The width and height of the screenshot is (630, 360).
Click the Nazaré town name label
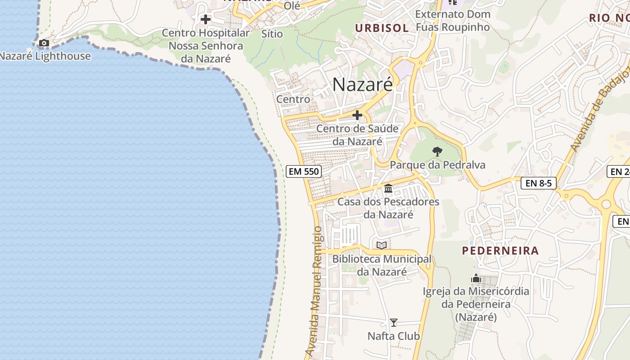pyautogui.click(x=362, y=84)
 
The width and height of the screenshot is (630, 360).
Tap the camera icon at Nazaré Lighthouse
pyautogui.click(x=44, y=43)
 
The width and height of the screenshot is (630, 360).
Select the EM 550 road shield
pyautogui.click(x=303, y=171)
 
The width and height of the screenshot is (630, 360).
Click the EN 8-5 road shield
pyautogui.click(x=539, y=183)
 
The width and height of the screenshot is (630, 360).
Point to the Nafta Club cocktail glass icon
pyautogui.click(x=394, y=323)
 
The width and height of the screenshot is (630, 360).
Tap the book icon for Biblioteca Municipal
pyautogui.click(x=382, y=245)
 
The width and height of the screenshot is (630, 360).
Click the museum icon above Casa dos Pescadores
pyautogui.click(x=388, y=188)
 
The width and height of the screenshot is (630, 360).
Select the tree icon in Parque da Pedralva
pyautogui.click(x=436, y=151)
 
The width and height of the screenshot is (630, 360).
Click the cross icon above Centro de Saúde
pyautogui.click(x=357, y=116)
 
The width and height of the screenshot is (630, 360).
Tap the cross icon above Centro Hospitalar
pyautogui.click(x=206, y=19)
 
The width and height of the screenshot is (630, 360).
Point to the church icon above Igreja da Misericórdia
pyautogui.click(x=476, y=279)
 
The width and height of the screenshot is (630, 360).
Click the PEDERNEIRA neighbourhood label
pyautogui.click(x=500, y=251)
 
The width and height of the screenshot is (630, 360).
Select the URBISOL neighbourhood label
pyautogui.click(x=382, y=28)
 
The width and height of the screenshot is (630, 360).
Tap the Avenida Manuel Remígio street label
pyautogui.click(x=314, y=290)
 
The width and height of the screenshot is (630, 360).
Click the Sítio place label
pyautogui.click(x=272, y=34)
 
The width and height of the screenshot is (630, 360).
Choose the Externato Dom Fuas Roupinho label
pyautogui.click(x=452, y=21)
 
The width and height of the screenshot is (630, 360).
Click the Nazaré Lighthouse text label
pyautogui.click(x=45, y=56)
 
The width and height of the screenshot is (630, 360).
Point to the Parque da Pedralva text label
pyautogui.click(x=437, y=165)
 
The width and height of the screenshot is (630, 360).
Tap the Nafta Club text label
pyautogui.click(x=394, y=336)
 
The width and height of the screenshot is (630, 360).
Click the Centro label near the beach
pyautogui.click(x=293, y=99)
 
